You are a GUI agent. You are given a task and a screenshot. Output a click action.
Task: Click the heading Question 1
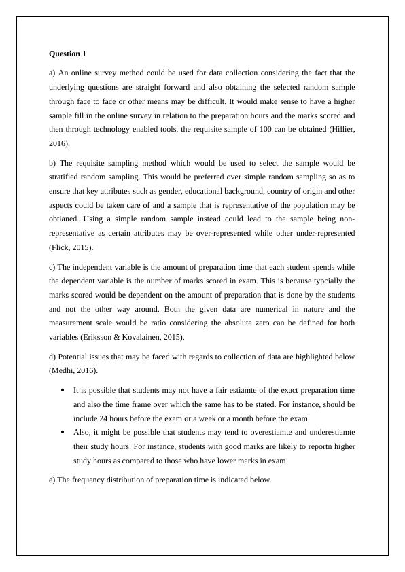tap(68, 53)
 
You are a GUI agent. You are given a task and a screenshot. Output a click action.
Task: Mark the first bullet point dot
tap(63, 391)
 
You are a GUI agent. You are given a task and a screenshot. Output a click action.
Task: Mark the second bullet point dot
tap(63, 432)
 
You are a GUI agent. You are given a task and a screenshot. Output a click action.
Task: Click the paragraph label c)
tap(53, 266)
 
